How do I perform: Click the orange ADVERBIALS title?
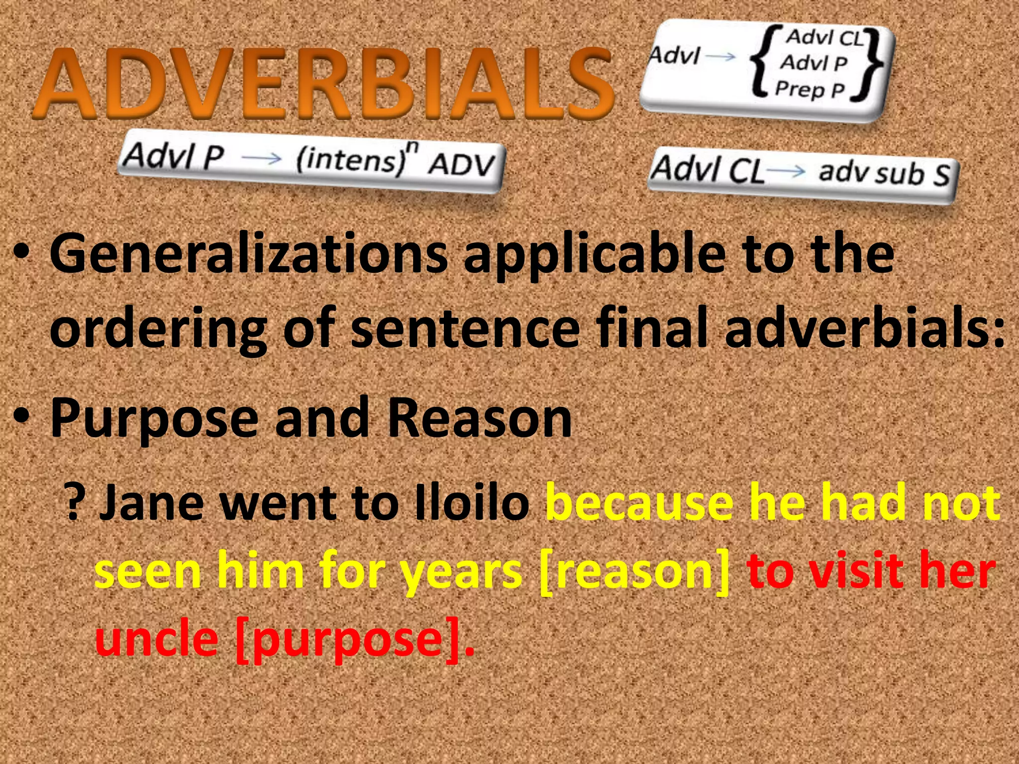[323, 84]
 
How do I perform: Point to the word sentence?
[465, 328]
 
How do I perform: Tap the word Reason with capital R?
[480, 418]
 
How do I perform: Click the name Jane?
[152, 503]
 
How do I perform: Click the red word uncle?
[157, 638]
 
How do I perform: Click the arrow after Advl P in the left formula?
[262, 158]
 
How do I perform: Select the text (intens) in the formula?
[351, 160]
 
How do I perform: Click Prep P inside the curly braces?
[810, 90]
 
